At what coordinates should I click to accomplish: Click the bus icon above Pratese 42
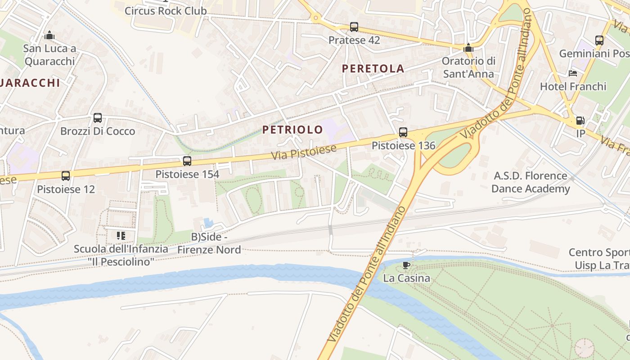click(x=354, y=27)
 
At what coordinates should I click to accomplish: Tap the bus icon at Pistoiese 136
click(x=403, y=132)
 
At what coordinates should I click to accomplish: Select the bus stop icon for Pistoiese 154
click(x=187, y=161)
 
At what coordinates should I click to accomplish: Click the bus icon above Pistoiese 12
click(x=66, y=176)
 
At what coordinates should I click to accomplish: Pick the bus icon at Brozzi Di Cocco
click(x=98, y=118)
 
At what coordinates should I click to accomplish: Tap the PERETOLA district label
click(x=373, y=68)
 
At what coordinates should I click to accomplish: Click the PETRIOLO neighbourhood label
click(x=292, y=130)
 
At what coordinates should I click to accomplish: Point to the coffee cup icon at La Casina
click(x=406, y=265)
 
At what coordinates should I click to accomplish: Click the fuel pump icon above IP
click(x=580, y=121)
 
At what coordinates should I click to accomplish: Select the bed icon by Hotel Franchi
click(x=573, y=73)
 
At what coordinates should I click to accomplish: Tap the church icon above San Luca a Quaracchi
click(x=49, y=35)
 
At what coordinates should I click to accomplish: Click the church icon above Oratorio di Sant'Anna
click(x=468, y=47)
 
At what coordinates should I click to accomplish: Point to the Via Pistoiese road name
click(x=304, y=152)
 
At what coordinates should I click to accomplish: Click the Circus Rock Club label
click(x=166, y=11)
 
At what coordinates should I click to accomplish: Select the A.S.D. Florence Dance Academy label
click(x=530, y=182)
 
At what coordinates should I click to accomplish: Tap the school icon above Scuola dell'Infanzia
click(x=121, y=235)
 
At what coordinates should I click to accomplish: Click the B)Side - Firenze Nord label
click(x=209, y=243)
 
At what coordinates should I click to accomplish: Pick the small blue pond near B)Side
click(x=208, y=222)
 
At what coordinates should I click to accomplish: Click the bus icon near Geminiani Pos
click(x=599, y=40)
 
